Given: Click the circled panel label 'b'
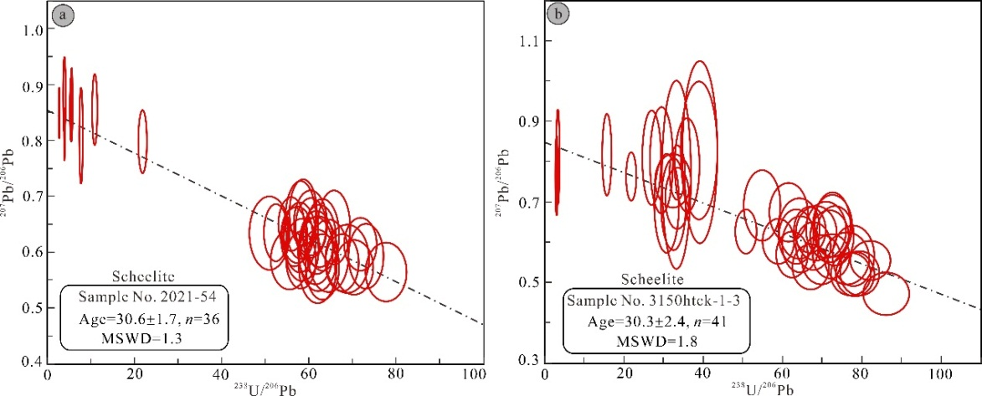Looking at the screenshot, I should tap(558, 15).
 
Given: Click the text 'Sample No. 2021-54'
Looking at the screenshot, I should tap(131, 296).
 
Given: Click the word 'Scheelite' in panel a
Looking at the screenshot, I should tap(131, 276).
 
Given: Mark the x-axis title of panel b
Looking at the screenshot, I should tap(762, 387).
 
